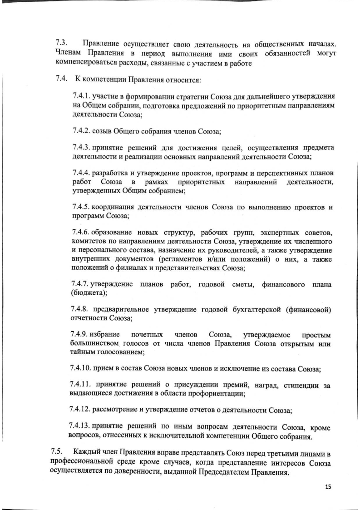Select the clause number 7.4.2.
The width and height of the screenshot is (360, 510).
[82, 131]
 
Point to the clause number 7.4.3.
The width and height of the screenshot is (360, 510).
[82, 149]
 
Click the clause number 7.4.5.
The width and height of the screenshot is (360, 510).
[82, 208]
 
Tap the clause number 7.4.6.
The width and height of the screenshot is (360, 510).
[82, 233]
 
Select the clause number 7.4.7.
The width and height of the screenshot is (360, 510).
[82, 284]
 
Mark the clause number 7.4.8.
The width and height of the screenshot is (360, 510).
[82, 310]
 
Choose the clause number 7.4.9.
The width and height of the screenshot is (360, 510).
[82, 335]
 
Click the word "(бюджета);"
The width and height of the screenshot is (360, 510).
[89, 293]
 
